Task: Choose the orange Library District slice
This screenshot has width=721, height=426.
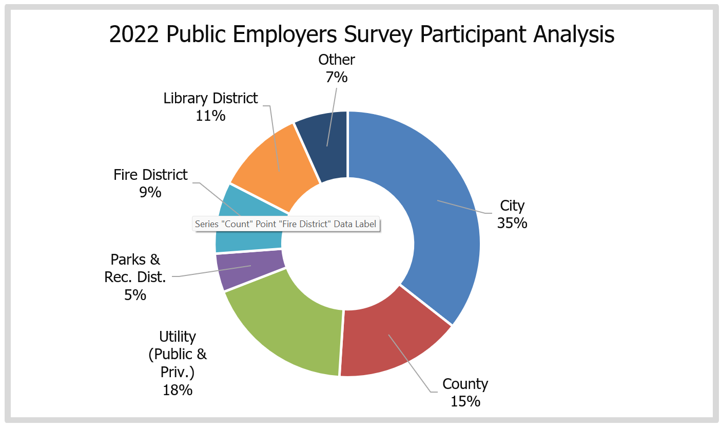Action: coord(277,159)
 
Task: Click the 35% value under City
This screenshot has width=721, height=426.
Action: coord(512,223)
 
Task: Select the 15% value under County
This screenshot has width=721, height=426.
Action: coord(465,401)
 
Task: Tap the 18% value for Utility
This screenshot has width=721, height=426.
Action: coord(178,390)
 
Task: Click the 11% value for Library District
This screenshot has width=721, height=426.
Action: coord(210,116)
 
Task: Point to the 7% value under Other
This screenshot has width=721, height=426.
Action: coord(337,77)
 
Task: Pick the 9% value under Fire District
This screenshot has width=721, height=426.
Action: coord(151,192)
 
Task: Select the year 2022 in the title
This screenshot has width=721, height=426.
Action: coord(134,35)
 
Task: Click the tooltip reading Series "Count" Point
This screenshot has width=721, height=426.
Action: coord(286,224)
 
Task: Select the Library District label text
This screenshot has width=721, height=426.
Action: coord(210,98)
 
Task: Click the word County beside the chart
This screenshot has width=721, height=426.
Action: coord(465,384)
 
